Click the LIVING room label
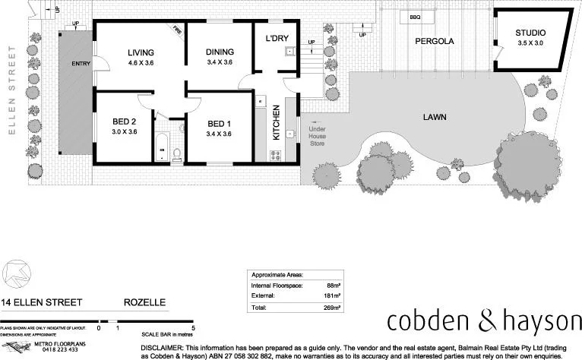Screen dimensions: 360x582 [x=141, y=52]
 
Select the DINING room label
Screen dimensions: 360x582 [x=220, y=52]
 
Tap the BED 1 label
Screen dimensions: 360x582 [x=219, y=124]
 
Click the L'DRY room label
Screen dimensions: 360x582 [x=276, y=38]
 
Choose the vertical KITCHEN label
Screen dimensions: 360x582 [x=277, y=121]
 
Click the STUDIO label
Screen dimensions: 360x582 [x=530, y=33]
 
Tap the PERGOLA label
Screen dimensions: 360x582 [x=434, y=42]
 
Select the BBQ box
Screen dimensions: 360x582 [x=415, y=17]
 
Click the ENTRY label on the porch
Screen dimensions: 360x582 [x=81, y=63]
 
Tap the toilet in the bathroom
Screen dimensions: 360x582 [x=177, y=153]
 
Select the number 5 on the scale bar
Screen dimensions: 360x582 [x=194, y=327]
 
